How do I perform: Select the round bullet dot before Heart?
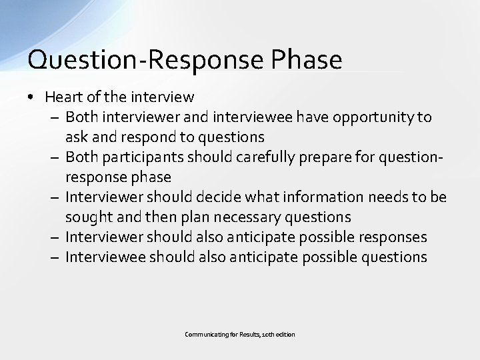pyautogui.click(x=31, y=97)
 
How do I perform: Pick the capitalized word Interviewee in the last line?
pyautogui.click(x=107, y=257)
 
